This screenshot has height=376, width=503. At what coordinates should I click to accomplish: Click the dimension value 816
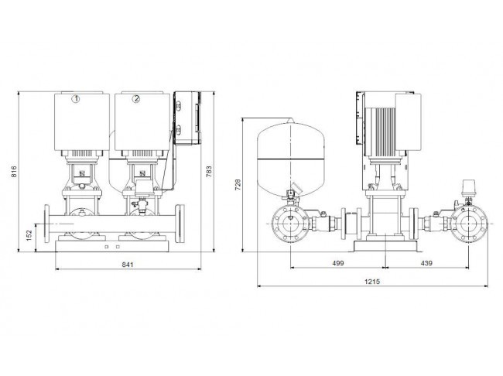tap(14, 172)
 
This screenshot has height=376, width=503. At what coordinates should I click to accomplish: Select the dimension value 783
tap(209, 172)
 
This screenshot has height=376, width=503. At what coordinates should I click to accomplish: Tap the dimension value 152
tap(29, 235)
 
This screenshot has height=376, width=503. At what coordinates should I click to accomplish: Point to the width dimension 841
tap(128, 265)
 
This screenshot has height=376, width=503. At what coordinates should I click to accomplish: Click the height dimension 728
tap(238, 185)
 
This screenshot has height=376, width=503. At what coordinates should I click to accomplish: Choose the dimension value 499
tap(338, 263)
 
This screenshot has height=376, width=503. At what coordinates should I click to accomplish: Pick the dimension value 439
tap(426, 263)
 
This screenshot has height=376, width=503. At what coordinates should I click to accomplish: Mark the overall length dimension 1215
tap(372, 282)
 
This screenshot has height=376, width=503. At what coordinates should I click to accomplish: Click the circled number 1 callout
tap(76, 99)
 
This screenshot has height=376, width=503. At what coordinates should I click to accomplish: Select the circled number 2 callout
tap(136, 99)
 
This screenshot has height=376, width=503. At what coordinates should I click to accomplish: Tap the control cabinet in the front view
tap(188, 118)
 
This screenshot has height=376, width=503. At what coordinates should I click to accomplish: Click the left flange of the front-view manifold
tap(47, 224)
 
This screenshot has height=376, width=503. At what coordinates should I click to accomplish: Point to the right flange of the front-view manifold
tap(180, 224)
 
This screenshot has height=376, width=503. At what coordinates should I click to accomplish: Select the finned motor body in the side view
tap(383, 132)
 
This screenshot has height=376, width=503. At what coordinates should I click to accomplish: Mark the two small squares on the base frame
tap(112, 247)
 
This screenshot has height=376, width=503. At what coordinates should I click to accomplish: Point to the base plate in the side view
tap(385, 246)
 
